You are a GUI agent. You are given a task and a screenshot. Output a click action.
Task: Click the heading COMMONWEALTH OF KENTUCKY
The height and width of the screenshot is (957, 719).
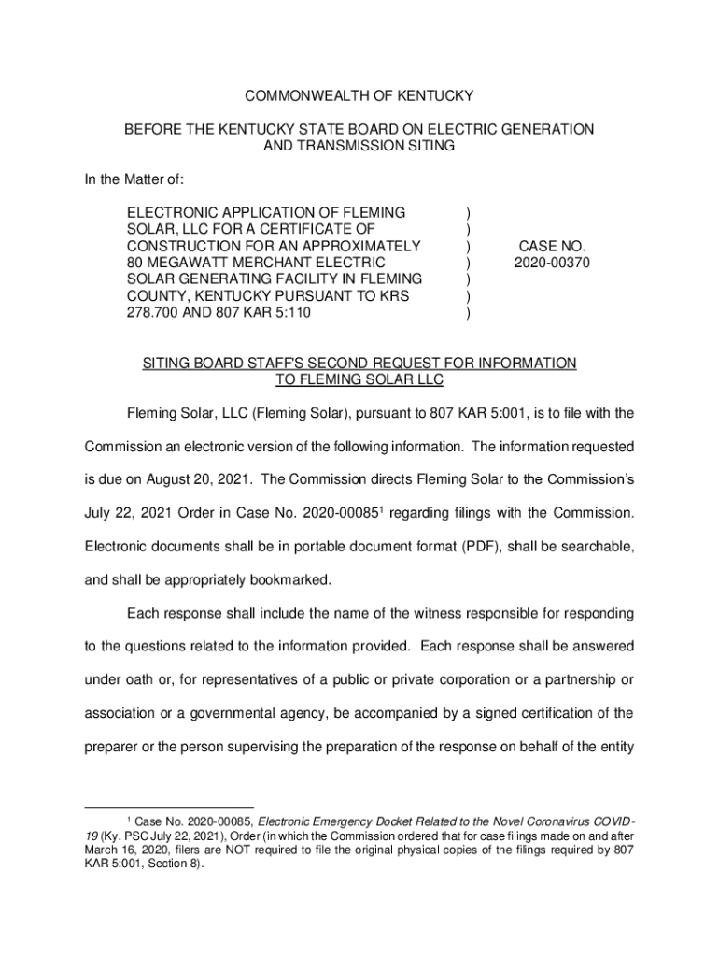[359, 95]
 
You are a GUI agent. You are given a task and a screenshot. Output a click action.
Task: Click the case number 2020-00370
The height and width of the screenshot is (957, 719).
[552, 264]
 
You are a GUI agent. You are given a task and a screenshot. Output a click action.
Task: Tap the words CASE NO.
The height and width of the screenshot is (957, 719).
[552, 247]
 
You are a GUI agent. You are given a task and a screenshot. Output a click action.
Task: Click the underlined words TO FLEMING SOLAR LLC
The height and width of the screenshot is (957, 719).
[359, 379]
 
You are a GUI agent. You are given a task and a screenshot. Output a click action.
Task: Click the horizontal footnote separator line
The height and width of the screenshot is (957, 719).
[169, 807]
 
